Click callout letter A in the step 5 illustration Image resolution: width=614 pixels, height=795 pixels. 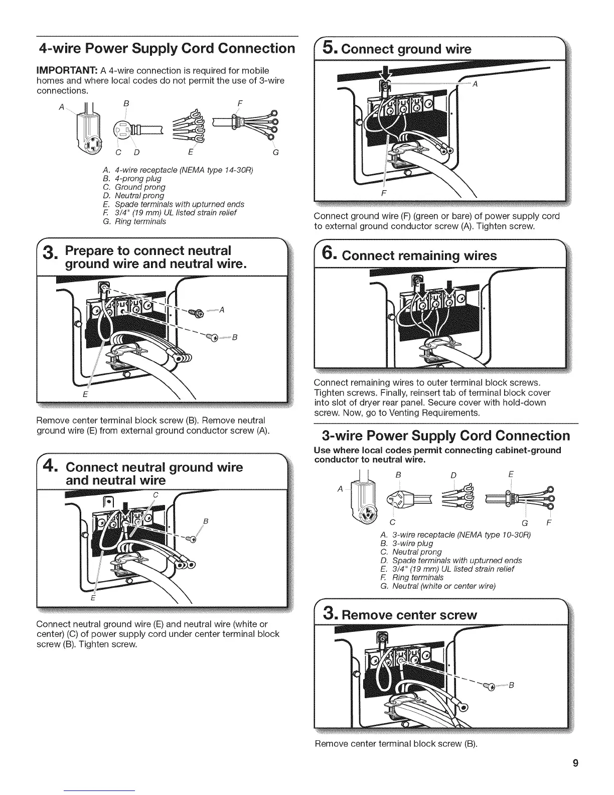476,84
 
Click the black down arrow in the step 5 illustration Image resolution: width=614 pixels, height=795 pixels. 386,72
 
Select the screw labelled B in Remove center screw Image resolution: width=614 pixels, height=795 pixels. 488,686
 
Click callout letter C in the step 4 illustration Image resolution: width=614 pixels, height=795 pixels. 156,495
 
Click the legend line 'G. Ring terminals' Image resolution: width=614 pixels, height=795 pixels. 134,221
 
